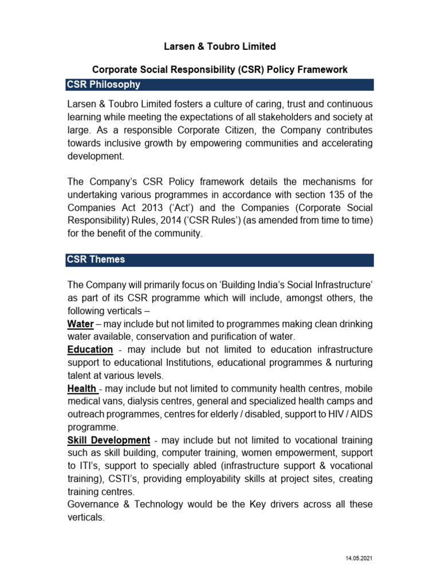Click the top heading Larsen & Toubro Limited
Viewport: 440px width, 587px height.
click(x=220, y=46)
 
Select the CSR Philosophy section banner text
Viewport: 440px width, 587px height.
click(x=104, y=85)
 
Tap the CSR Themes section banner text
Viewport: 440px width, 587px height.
click(x=96, y=260)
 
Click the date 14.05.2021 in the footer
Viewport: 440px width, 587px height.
click(x=359, y=558)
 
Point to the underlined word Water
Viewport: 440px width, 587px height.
click(x=80, y=324)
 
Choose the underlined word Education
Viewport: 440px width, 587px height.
click(x=90, y=349)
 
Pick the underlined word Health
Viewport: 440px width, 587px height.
click(x=81, y=389)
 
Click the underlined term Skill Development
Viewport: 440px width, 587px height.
click(x=109, y=440)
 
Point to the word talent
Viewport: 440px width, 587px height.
click(x=80, y=375)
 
